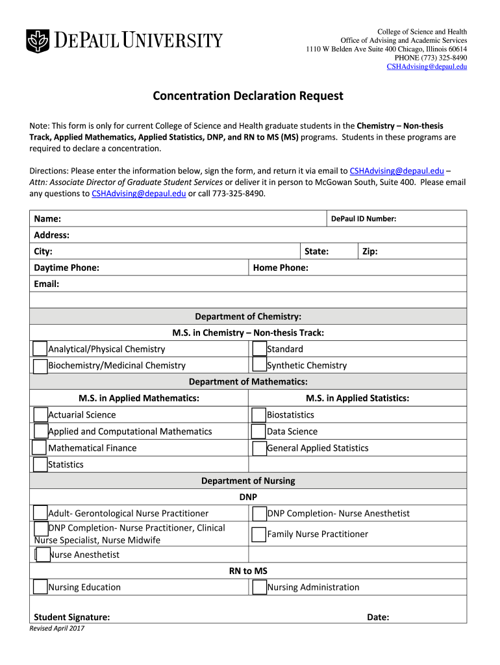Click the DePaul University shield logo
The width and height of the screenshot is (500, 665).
pyautogui.click(x=37, y=41)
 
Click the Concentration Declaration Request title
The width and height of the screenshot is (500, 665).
pyautogui.click(x=248, y=96)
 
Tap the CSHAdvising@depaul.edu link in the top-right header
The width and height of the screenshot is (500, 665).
pyautogui.click(x=427, y=66)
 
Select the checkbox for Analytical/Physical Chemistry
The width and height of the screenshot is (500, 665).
pyautogui.click(x=40, y=349)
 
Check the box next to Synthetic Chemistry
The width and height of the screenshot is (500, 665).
pyautogui.click(x=258, y=366)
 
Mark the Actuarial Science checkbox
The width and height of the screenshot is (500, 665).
pyautogui.click(x=40, y=415)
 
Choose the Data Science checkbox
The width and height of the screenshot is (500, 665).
pyautogui.click(x=258, y=431)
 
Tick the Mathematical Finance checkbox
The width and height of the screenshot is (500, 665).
pyautogui.click(x=40, y=448)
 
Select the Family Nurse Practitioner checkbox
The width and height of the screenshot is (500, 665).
pyautogui.click(x=258, y=534)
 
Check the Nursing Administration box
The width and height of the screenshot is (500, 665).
pyautogui.click(x=258, y=587)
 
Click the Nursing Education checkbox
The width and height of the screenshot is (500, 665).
pyautogui.click(x=40, y=587)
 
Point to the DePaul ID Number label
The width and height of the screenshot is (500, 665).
pyautogui.click(x=364, y=219)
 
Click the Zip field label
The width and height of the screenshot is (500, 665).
pyautogui.click(x=369, y=251)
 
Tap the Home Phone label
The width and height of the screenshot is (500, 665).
pyautogui.click(x=281, y=268)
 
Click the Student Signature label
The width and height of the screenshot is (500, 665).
pyautogui.click(x=71, y=617)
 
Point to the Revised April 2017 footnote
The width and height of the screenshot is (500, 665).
pyautogui.click(x=57, y=629)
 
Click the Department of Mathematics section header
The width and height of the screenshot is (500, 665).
pyautogui.click(x=248, y=381)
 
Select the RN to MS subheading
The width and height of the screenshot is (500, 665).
pyautogui.click(x=248, y=571)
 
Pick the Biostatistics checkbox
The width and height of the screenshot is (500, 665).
pyautogui.click(x=258, y=415)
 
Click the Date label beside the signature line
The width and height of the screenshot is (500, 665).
pyautogui.click(x=378, y=617)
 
